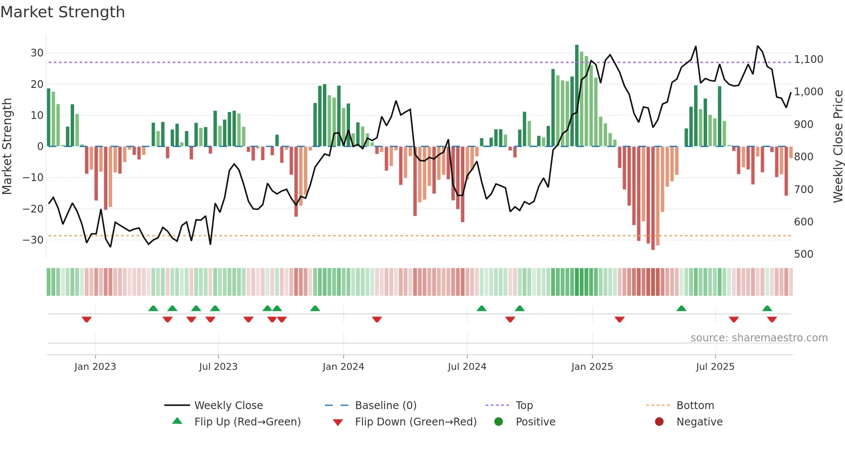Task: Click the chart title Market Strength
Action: pyautogui.click(x=63, y=12)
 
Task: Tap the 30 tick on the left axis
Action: pyautogui.click(x=37, y=53)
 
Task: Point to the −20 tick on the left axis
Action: pyautogui.click(x=33, y=209)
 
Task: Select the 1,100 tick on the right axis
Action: pyautogui.click(x=808, y=59)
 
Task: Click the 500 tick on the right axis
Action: pyautogui.click(x=803, y=254)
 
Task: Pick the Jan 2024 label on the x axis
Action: pyautogui.click(x=343, y=367)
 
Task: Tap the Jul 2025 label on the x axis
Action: pyautogui.click(x=715, y=367)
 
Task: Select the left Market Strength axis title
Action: pyautogui.click(x=7, y=147)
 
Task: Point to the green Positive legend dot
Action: pyautogui.click(x=498, y=422)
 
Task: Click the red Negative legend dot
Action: pyautogui.click(x=659, y=422)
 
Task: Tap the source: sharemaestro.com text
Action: pyautogui.click(x=759, y=338)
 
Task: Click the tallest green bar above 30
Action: pyautogui.click(x=577, y=95)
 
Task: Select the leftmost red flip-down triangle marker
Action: pyautogui.click(x=87, y=319)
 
